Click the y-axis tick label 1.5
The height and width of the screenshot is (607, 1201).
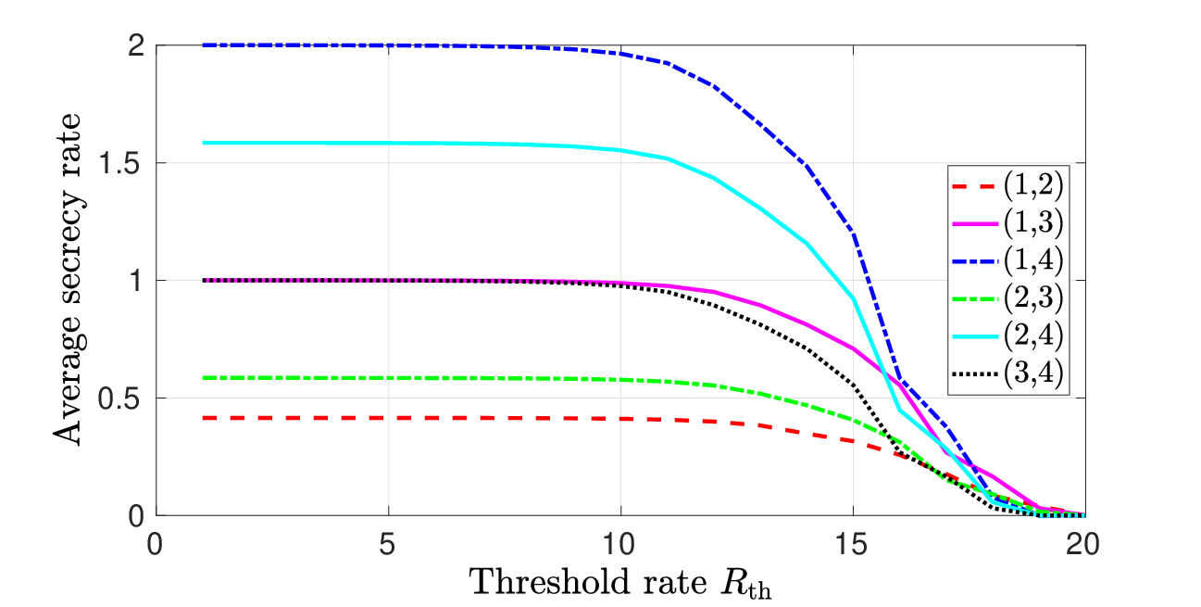click(119, 162)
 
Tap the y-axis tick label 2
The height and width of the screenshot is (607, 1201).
click(136, 46)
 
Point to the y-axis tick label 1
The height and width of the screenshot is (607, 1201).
click(135, 280)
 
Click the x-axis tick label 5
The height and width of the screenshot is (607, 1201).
click(387, 544)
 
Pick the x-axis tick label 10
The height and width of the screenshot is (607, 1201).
click(619, 544)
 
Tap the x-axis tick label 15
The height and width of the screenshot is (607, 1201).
click(851, 544)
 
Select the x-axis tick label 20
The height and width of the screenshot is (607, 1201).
click(1083, 544)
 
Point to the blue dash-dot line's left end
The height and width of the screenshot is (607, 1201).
click(203, 45)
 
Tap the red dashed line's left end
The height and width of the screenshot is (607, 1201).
click(203, 418)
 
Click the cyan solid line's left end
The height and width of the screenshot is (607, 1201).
click(203, 143)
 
